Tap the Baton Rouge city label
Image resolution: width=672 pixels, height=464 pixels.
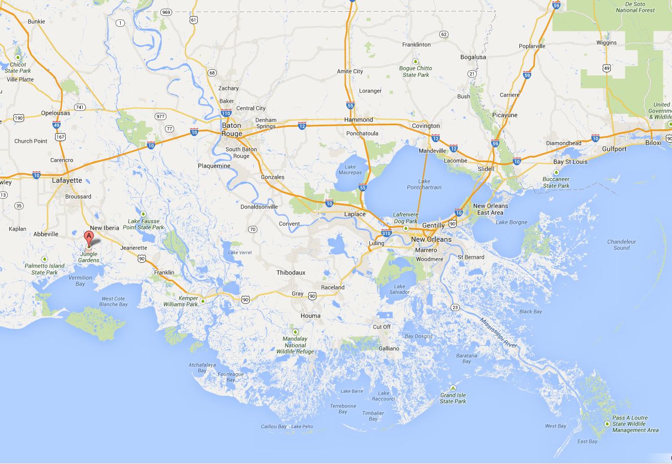pyautogui.click(x=232, y=129)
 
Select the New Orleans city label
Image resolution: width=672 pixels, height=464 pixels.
pyautogui.click(x=431, y=239)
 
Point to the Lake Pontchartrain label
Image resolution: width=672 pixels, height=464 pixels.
pyautogui.click(x=424, y=184)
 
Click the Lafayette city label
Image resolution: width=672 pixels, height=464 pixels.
pyautogui.click(x=67, y=181)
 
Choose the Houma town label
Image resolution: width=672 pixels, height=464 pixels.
pyautogui.click(x=310, y=316)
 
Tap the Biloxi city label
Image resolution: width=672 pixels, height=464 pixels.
pyautogui.click(x=654, y=143)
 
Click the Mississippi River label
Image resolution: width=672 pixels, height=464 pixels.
pyautogui.click(x=498, y=333)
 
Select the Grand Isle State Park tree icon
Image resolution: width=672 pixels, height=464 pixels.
pyautogui.click(x=453, y=388)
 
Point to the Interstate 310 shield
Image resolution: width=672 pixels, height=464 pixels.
pyautogui.click(x=387, y=234)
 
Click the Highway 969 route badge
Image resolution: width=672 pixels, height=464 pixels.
pyautogui.click(x=165, y=12)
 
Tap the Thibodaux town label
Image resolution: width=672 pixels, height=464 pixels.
pyautogui.click(x=291, y=273)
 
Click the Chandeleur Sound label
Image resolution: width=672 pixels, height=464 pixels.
pyautogui.click(x=622, y=245)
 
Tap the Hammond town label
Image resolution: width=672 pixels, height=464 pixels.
pyautogui.click(x=359, y=120)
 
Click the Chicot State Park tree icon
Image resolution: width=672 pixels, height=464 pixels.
pyautogui.click(x=18, y=57)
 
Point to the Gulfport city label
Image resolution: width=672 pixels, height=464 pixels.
pyautogui.click(x=614, y=149)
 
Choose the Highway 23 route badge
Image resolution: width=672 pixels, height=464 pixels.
pyautogui.click(x=455, y=307)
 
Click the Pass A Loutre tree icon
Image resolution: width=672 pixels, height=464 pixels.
pyautogui.click(x=607, y=423)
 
